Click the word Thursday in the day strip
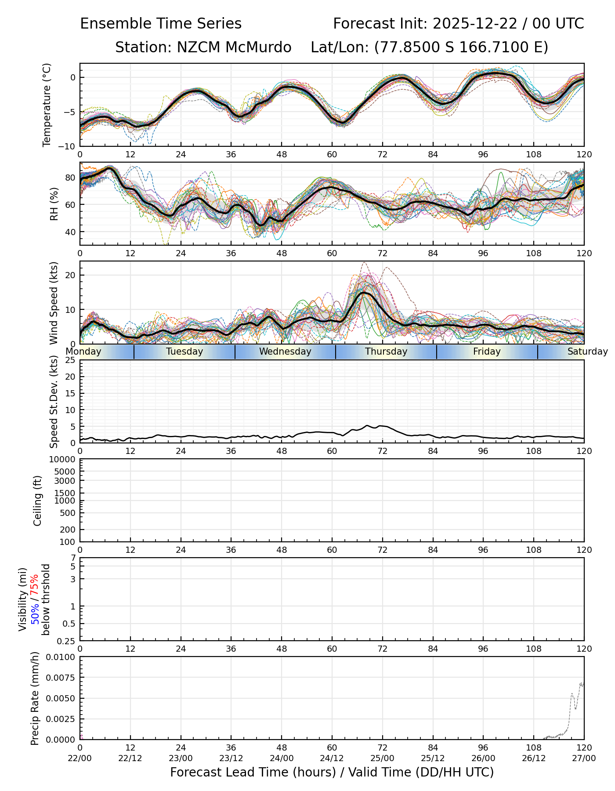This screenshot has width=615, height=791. pos(386,352)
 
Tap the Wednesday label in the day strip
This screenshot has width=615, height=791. pos(285,352)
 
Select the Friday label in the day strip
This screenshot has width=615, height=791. pos(487,352)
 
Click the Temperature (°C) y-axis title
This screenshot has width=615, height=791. pos(47,105)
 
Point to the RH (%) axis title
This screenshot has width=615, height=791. pos(54,203)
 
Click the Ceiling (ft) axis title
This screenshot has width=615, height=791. pos(38,501)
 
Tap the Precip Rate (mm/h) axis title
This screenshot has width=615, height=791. pos(35,698)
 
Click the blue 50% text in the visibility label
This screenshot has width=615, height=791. pos(35,613)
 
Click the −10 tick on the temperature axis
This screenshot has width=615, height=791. pos(69,146)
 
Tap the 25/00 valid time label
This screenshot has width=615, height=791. pos(382,758)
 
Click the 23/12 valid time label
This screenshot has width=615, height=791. pos(231,758)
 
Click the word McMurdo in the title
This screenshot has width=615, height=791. pos(258,47)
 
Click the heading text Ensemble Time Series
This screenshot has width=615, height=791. pos(161,24)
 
